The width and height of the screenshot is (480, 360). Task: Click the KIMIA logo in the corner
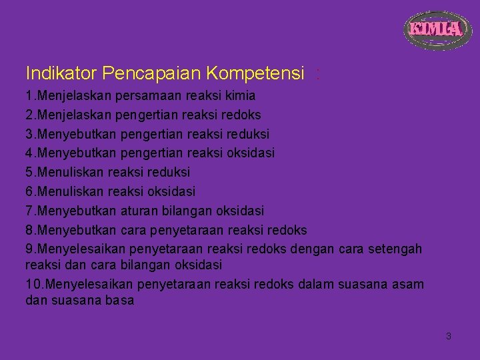coord(435,29)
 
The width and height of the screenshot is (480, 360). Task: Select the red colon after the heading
coord(318,73)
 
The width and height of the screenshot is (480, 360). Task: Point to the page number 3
coord(448,336)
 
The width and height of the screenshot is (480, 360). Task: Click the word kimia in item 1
coord(241,95)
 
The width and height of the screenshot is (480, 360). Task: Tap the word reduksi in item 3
coord(245,134)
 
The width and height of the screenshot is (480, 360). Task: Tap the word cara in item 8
coord(135,230)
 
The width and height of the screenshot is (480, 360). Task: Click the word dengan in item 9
coord(309,249)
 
